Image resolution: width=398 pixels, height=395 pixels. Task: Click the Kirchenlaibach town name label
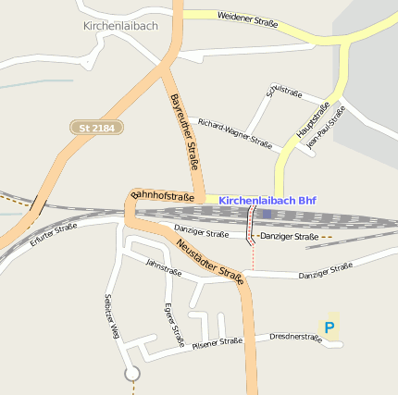pos(120,26)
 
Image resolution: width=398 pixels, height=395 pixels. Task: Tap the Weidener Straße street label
pos(247,17)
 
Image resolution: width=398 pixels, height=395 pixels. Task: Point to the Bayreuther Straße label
pos(185,132)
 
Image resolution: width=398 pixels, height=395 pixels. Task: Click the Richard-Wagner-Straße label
pos(235,133)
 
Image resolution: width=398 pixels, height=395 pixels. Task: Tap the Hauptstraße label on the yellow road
pos(313,122)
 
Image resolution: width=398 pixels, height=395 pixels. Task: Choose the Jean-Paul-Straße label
pos(325,127)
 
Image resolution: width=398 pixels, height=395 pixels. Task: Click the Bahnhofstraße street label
pos(163,195)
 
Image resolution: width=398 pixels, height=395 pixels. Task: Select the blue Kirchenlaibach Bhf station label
pos(267,200)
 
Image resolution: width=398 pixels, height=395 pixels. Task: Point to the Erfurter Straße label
pos(53,234)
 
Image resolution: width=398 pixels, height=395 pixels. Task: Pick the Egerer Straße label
pos(174,323)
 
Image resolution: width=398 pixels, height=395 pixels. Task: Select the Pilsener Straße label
pos(218,343)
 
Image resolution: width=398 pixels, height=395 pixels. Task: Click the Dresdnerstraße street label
pos(295,338)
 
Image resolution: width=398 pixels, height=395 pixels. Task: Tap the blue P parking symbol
pos(329,327)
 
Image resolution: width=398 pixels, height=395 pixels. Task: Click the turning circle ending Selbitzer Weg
pos(132,373)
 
